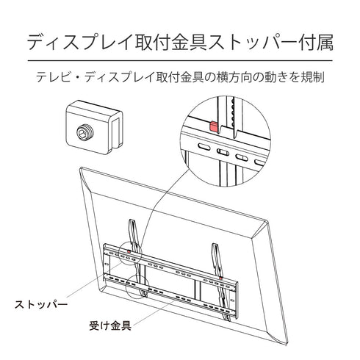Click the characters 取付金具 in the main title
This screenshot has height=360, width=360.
165,43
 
